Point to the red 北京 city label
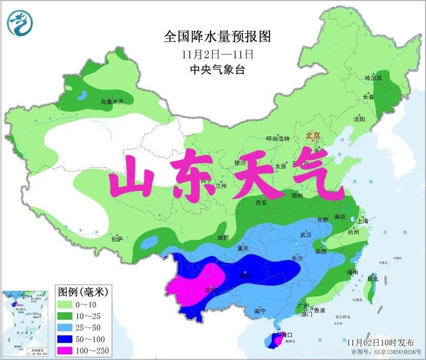(313, 135)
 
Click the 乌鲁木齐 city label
(112, 102)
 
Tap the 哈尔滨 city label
(373, 78)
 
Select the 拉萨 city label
(117, 238)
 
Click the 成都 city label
(222, 237)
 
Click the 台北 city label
(372, 279)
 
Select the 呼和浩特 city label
(278, 138)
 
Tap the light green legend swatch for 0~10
(69, 306)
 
